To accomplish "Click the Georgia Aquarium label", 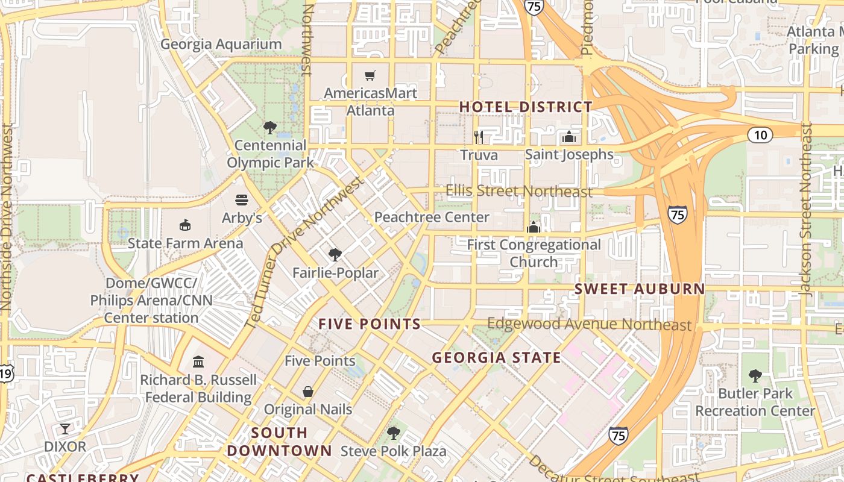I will point(221,44).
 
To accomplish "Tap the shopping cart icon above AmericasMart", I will point(370,75).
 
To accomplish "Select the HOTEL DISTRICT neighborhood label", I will point(526,107).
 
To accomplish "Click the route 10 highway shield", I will point(760,135).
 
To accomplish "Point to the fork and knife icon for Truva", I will point(479,137).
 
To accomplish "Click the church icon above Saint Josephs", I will point(568,137).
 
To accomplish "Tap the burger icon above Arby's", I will point(242,199).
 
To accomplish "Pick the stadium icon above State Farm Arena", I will point(185,225).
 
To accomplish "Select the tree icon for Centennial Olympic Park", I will point(270,127).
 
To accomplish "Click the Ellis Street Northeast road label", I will point(518,191).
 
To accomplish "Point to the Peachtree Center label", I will point(432,217).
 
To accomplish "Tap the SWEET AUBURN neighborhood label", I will point(639,289).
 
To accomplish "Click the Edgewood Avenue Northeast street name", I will point(589,324).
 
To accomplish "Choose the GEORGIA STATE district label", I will point(496,357).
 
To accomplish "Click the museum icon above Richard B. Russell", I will point(198,361).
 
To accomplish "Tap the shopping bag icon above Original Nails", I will point(308,392).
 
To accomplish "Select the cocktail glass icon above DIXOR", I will point(65,429).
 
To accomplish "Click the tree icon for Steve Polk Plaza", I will point(394,433).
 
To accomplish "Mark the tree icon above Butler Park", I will point(755,376).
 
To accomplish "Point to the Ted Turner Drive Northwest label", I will point(304,253).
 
